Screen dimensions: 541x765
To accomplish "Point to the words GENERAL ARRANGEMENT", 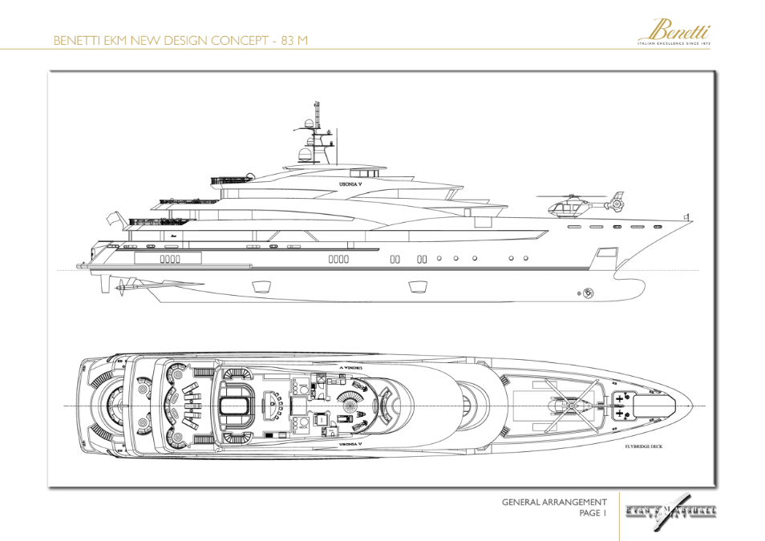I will tap(554, 503).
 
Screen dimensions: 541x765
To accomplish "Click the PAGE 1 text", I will tap(593, 515).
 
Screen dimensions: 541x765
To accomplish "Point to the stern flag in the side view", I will tap(115, 219).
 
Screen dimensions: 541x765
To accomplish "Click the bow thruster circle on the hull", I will tap(589, 294).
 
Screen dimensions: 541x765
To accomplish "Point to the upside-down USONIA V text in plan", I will tap(350, 368).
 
